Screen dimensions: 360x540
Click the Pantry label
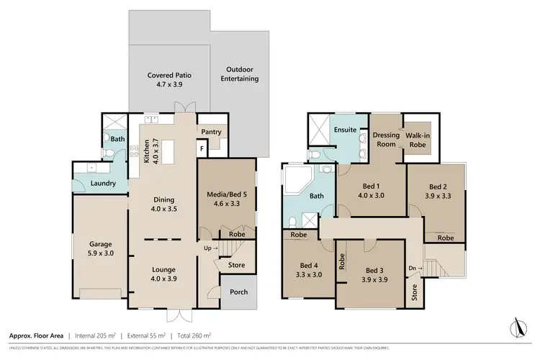pyautogui.click(x=211, y=132)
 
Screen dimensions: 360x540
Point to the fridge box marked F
pyautogui.click(x=202, y=148)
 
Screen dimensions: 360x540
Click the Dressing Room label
pyautogui.click(x=385, y=139)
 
